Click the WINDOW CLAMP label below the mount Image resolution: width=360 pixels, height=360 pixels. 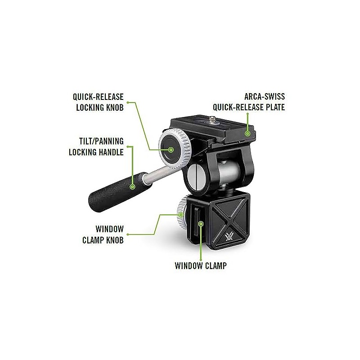point(200,265)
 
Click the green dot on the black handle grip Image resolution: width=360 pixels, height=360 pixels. point(133,186)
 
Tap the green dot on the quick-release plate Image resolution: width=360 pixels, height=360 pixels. point(247,133)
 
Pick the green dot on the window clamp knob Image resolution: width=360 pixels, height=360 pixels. point(180,215)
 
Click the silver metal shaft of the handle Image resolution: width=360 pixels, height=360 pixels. point(157,173)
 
